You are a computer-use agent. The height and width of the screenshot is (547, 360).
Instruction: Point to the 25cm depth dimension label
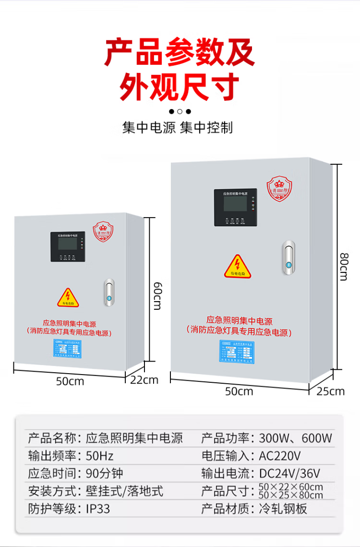(x=330, y=391)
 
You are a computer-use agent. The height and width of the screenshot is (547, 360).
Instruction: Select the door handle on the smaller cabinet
(x=109, y=293)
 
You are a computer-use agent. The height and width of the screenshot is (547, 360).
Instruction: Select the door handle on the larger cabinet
(x=288, y=258)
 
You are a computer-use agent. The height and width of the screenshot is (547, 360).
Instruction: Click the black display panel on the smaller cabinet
(x=68, y=247)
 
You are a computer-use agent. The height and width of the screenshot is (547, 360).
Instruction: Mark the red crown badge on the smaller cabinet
(x=102, y=231)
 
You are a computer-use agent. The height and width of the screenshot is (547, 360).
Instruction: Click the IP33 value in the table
(x=98, y=509)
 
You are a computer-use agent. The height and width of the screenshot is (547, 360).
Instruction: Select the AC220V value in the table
(x=280, y=455)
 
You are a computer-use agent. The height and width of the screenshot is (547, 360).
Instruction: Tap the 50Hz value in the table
(x=100, y=455)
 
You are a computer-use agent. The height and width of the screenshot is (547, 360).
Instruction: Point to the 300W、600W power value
(x=295, y=438)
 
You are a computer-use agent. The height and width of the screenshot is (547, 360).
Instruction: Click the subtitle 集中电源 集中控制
(x=178, y=128)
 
